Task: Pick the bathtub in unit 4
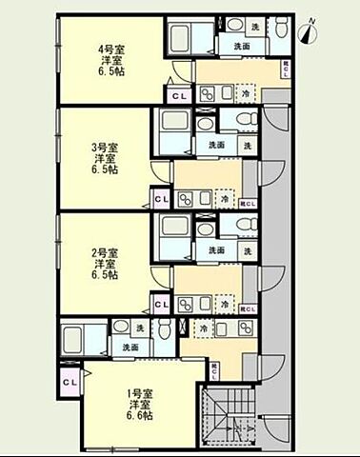(181, 39)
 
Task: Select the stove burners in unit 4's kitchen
(210, 93)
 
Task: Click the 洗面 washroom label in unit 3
(216, 145)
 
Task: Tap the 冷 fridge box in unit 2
(226, 305)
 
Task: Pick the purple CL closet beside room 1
(70, 383)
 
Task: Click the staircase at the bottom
(229, 420)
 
